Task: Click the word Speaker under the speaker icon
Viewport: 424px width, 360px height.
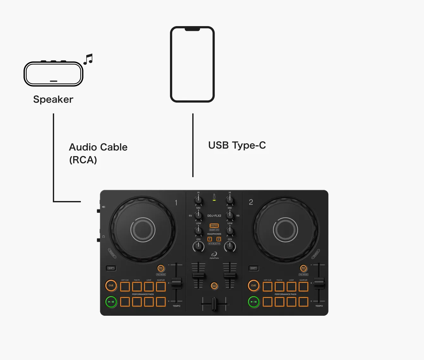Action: click(53, 99)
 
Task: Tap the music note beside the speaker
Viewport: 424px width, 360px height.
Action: click(88, 59)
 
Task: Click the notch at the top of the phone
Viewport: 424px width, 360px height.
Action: click(192, 29)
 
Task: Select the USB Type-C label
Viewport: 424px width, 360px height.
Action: click(237, 145)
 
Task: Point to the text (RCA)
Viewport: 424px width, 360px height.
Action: click(83, 160)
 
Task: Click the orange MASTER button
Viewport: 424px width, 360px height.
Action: click(214, 226)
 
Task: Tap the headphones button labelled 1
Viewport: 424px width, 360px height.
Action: click(209, 239)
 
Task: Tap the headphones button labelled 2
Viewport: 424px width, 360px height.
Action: click(219, 239)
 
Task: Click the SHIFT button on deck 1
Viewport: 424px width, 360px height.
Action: click(111, 268)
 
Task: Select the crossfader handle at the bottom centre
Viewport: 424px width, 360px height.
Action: click(215, 304)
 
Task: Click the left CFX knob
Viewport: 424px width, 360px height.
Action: click(198, 246)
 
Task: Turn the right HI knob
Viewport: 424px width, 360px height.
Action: click(230, 200)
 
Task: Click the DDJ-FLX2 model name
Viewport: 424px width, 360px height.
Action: click(214, 216)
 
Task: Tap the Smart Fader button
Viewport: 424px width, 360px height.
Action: click(214, 286)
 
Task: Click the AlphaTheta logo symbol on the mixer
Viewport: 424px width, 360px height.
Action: click(214, 254)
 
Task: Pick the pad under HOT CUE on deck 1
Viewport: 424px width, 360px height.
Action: click(125, 287)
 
